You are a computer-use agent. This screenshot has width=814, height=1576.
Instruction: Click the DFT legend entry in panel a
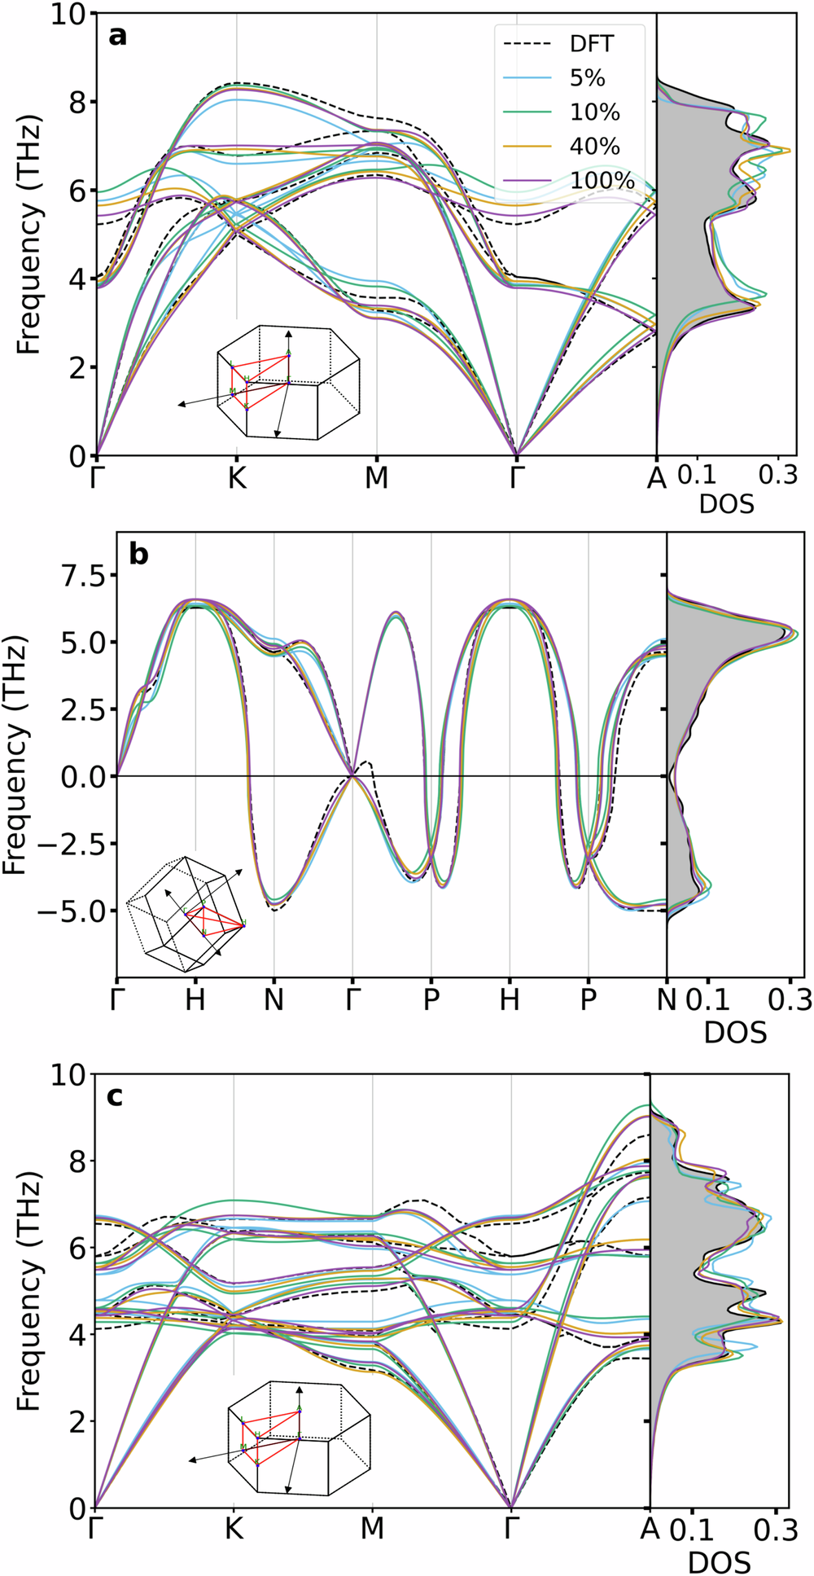tap(570, 44)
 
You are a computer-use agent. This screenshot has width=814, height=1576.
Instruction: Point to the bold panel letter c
tap(116, 1096)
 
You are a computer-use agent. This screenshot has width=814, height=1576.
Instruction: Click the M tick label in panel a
tap(376, 479)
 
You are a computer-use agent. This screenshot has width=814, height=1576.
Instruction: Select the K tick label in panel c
tap(234, 1528)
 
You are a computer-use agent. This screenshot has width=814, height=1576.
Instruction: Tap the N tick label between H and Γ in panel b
tap(274, 999)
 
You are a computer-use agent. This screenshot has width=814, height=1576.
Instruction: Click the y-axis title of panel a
tap(29, 236)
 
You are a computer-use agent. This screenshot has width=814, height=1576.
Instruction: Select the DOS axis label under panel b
tap(735, 1033)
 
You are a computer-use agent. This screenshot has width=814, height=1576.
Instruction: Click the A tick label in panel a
tap(656, 479)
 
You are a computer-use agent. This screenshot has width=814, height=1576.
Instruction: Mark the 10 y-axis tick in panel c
tap(72, 1074)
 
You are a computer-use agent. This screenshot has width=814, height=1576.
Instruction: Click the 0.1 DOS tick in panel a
tap(697, 475)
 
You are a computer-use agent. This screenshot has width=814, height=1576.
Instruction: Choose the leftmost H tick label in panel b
tap(195, 999)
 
